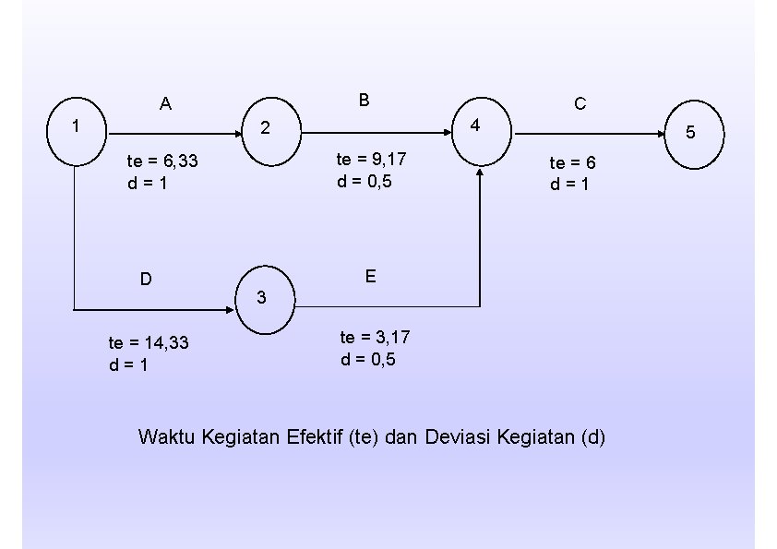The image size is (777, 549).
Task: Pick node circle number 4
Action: [x=481, y=129]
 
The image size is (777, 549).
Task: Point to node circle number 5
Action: [x=693, y=136]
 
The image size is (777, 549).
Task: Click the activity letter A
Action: [x=165, y=104]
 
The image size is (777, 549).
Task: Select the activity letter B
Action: [x=365, y=101]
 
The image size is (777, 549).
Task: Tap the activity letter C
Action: [x=580, y=104]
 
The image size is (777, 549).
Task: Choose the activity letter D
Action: [x=146, y=279]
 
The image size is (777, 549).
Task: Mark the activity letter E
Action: [x=369, y=276]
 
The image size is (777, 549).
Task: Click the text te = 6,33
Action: [x=162, y=161]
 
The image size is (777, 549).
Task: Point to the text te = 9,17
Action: [x=371, y=159]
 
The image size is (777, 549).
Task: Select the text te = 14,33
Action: [x=149, y=342]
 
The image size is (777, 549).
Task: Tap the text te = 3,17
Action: [x=375, y=337]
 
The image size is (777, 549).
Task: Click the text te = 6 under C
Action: [x=573, y=162]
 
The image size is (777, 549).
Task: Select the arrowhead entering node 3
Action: [x=233, y=307]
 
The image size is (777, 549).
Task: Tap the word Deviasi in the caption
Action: [x=458, y=436]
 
